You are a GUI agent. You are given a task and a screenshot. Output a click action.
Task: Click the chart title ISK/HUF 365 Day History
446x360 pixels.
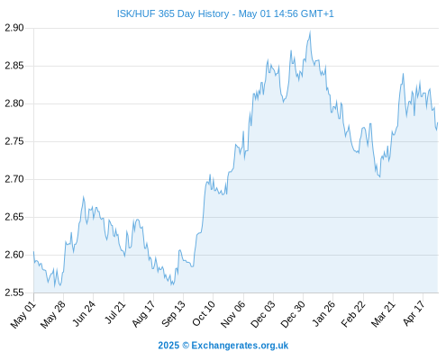click(x=173, y=13)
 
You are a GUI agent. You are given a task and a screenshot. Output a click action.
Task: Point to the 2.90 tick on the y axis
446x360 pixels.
click(x=14, y=28)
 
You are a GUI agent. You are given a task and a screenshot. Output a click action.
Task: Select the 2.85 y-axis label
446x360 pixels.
click(x=14, y=66)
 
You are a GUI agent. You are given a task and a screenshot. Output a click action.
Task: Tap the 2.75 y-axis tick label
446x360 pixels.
click(x=14, y=141)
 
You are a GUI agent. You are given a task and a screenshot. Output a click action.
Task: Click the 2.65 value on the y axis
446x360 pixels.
click(x=14, y=217)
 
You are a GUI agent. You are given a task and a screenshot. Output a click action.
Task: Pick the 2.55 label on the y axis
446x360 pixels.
click(x=14, y=292)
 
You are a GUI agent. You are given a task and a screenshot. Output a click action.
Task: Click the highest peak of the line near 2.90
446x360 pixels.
click(x=310, y=31)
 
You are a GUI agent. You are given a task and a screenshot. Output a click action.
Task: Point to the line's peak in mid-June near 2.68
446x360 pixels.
click(x=83, y=197)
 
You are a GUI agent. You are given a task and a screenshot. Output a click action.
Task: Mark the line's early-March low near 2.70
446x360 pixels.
click(x=380, y=176)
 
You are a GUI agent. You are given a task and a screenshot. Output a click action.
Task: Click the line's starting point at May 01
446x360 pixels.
click(x=33, y=251)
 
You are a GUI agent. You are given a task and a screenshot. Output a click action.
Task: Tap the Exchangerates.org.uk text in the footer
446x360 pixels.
click(x=240, y=346)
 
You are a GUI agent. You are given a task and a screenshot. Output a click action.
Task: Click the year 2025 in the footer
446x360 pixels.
click(x=168, y=346)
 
